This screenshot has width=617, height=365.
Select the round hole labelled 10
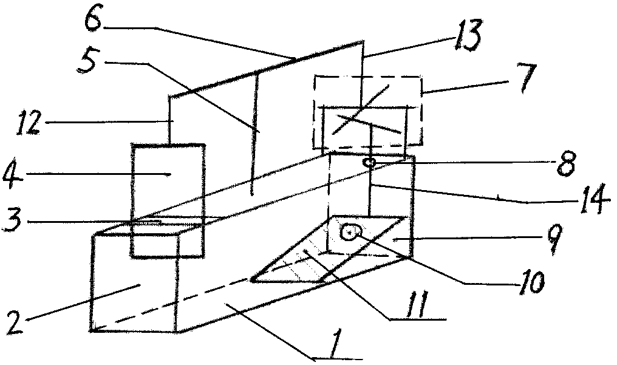click(351, 231)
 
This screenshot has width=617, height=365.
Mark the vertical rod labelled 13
click(363, 67)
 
